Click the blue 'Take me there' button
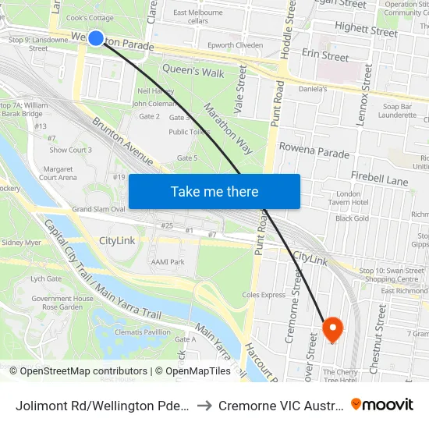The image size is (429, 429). pyautogui.click(x=214, y=192)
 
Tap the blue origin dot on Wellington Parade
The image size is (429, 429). pyautogui.click(x=96, y=37)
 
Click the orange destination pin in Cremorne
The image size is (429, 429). pyautogui.click(x=333, y=328)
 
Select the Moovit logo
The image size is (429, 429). pyautogui.click(x=382, y=405)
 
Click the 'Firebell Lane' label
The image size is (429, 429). pyautogui.click(x=379, y=180)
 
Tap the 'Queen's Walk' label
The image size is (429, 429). pyautogui.click(x=193, y=72)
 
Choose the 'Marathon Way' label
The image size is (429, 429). pyautogui.click(x=229, y=122)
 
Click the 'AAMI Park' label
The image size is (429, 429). pyautogui.click(x=168, y=262)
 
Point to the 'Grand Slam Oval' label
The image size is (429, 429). pyautogui.click(x=98, y=210)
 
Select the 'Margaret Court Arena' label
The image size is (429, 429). pyautogui.click(x=58, y=172)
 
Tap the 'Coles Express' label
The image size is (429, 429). pyautogui.click(x=264, y=295)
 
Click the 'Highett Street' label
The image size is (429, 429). pyautogui.click(x=366, y=30)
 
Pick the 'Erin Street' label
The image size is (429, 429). pyautogui.click(x=325, y=56)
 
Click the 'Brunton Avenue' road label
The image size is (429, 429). pyautogui.click(x=122, y=141)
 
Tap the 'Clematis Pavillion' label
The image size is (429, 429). pyautogui.click(x=142, y=332)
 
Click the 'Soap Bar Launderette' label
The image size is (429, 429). pyautogui.click(x=399, y=110)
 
